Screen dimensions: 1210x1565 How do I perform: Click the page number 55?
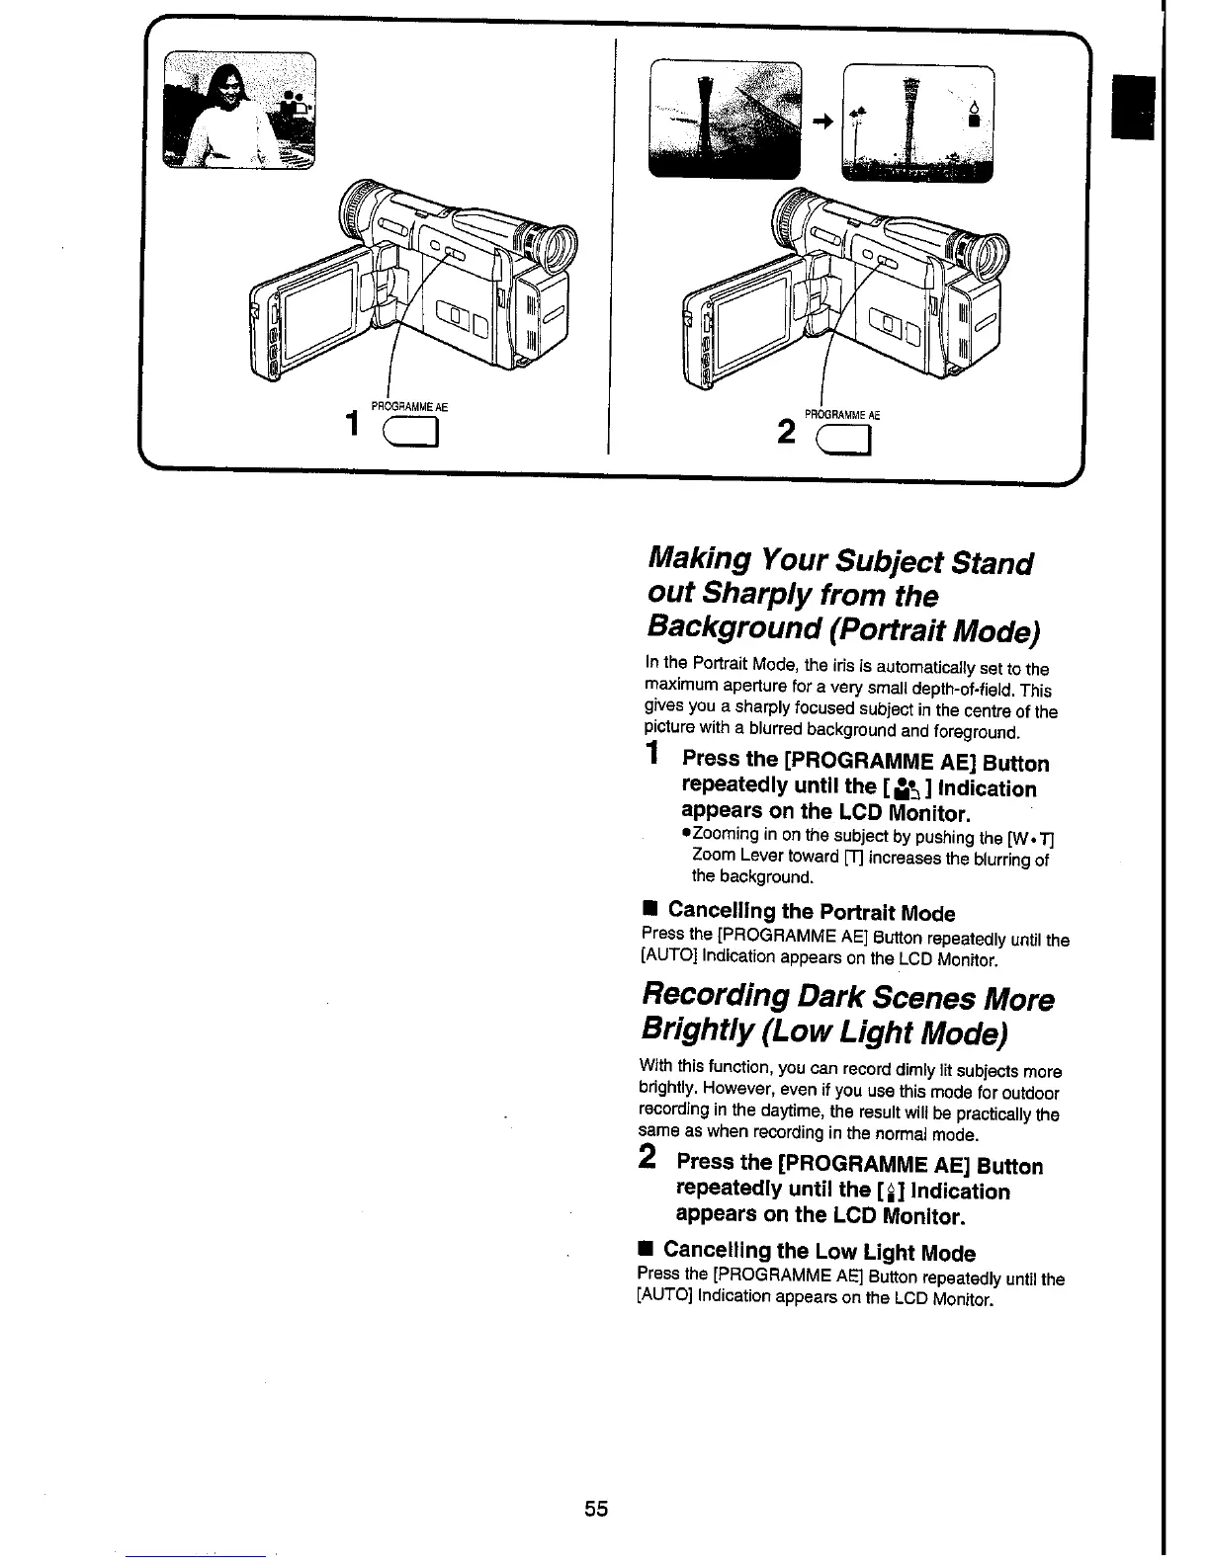(595, 1509)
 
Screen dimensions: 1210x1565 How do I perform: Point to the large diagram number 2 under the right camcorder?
(788, 432)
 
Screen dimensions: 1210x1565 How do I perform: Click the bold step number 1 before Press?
(651, 756)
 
